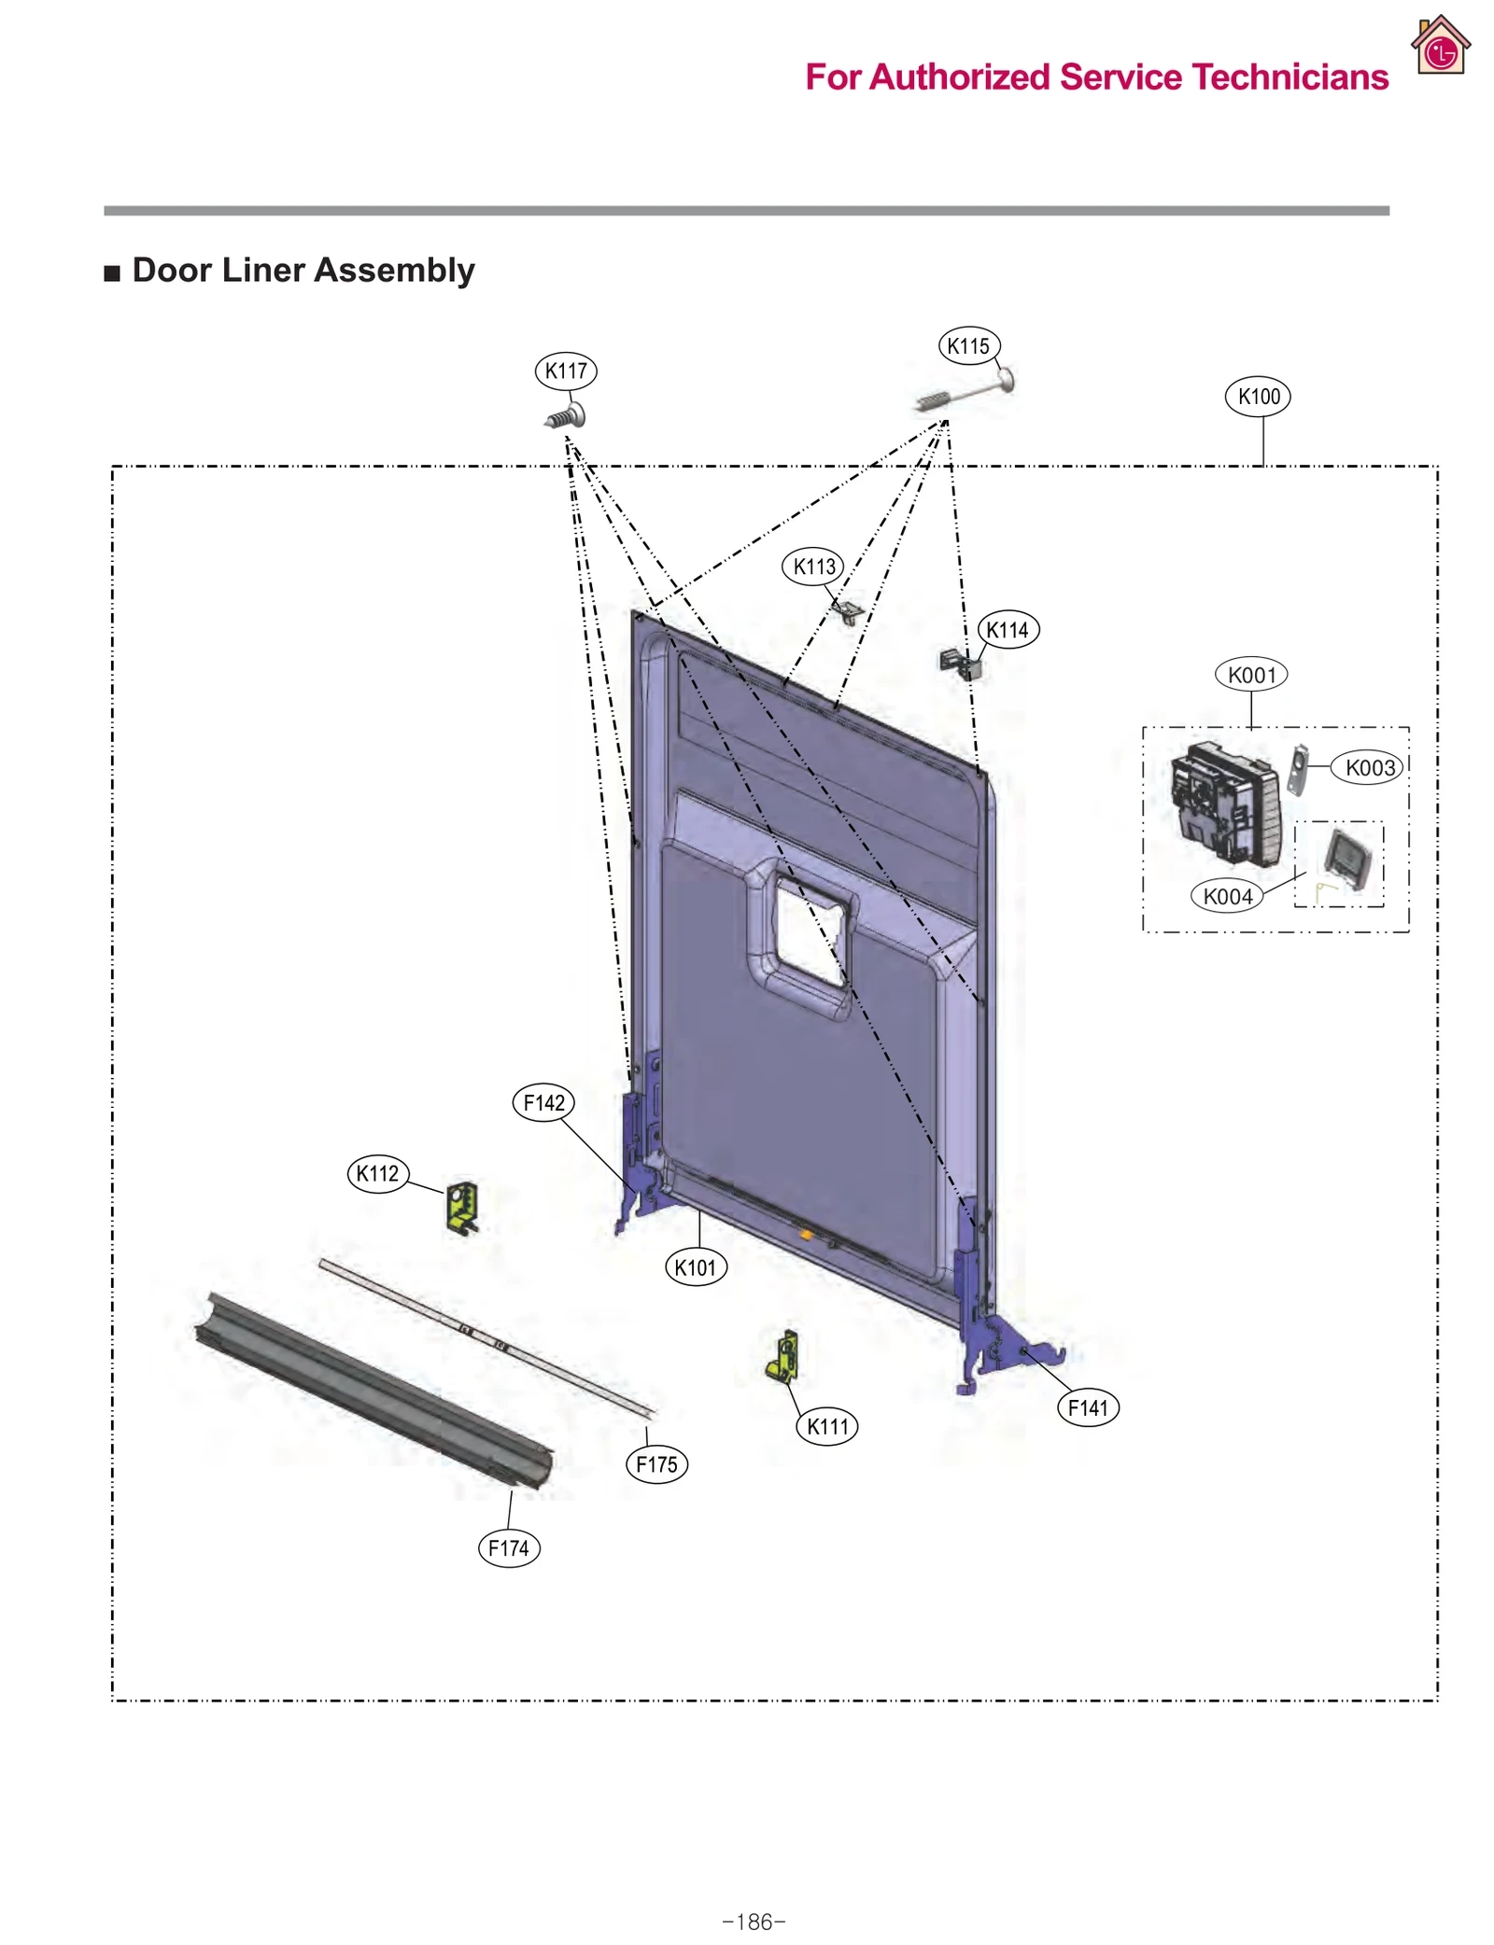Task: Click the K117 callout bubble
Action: (565, 371)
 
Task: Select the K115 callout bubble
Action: (967, 346)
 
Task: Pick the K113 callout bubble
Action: (812, 566)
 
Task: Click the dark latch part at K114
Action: (961, 663)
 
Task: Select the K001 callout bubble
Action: (1250, 674)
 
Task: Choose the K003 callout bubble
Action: (1368, 767)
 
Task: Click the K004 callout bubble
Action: (1226, 896)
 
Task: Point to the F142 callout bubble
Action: (543, 1102)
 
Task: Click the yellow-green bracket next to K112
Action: (462, 1207)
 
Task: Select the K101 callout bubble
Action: (695, 1266)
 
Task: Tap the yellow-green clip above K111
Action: (783, 1356)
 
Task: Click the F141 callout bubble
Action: (1087, 1406)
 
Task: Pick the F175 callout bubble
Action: (655, 1463)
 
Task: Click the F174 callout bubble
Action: (508, 1547)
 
